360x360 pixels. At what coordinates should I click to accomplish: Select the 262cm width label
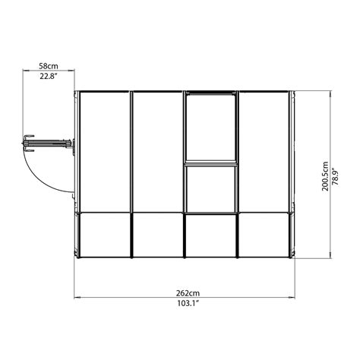[x=182, y=292]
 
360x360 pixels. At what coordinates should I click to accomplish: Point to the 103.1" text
[x=182, y=305]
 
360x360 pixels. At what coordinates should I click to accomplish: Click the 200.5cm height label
[x=324, y=175]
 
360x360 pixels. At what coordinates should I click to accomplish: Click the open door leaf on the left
[x=49, y=141]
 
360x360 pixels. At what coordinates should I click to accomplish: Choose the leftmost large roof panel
[x=104, y=152]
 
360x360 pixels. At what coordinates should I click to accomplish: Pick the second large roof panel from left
[x=157, y=152]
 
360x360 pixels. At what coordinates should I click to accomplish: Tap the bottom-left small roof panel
[x=104, y=235]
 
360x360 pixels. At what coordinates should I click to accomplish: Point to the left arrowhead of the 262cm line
[x=77, y=298]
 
